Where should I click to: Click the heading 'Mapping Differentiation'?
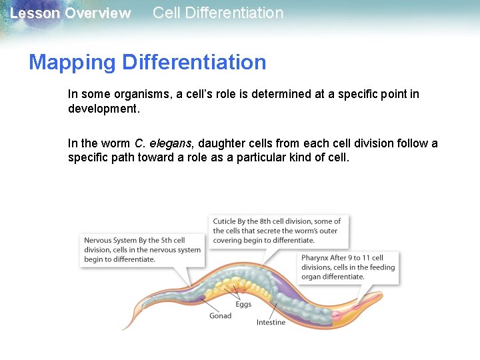click(147, 62)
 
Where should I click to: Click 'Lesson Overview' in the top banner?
click(70, 13)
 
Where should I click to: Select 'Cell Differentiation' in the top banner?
click(218, 13)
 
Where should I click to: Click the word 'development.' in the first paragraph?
click(104, 108)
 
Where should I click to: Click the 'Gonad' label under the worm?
click(220, 315)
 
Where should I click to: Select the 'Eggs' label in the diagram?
click(243, 305)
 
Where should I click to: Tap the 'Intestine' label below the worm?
click(271, 323)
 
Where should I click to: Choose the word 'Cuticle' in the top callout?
click(226, 221)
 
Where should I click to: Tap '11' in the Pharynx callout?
click(365, 258)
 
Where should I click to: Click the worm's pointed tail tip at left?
click(124, 328)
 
